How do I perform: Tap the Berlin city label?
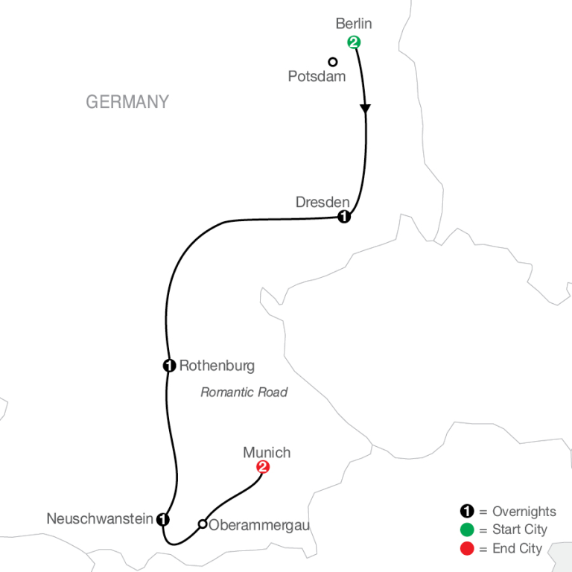(353, 24)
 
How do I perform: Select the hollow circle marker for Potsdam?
(333, 62)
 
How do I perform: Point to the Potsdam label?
(317, 76)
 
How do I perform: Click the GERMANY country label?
(127, 102)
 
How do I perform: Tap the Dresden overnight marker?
(343, 217)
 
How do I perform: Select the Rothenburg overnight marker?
(169, 365)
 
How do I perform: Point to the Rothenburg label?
(217, 366)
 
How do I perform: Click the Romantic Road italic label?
(244, 392)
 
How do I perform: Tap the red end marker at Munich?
(262, 468)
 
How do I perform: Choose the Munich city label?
(267, 452)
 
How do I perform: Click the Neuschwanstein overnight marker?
(163, 519)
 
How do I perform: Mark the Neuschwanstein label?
(100, 518)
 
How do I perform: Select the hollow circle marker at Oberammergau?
(202, 524)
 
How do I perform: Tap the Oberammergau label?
(259, 525)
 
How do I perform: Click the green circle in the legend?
(466, 530)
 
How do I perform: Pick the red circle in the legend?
(466, 547)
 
